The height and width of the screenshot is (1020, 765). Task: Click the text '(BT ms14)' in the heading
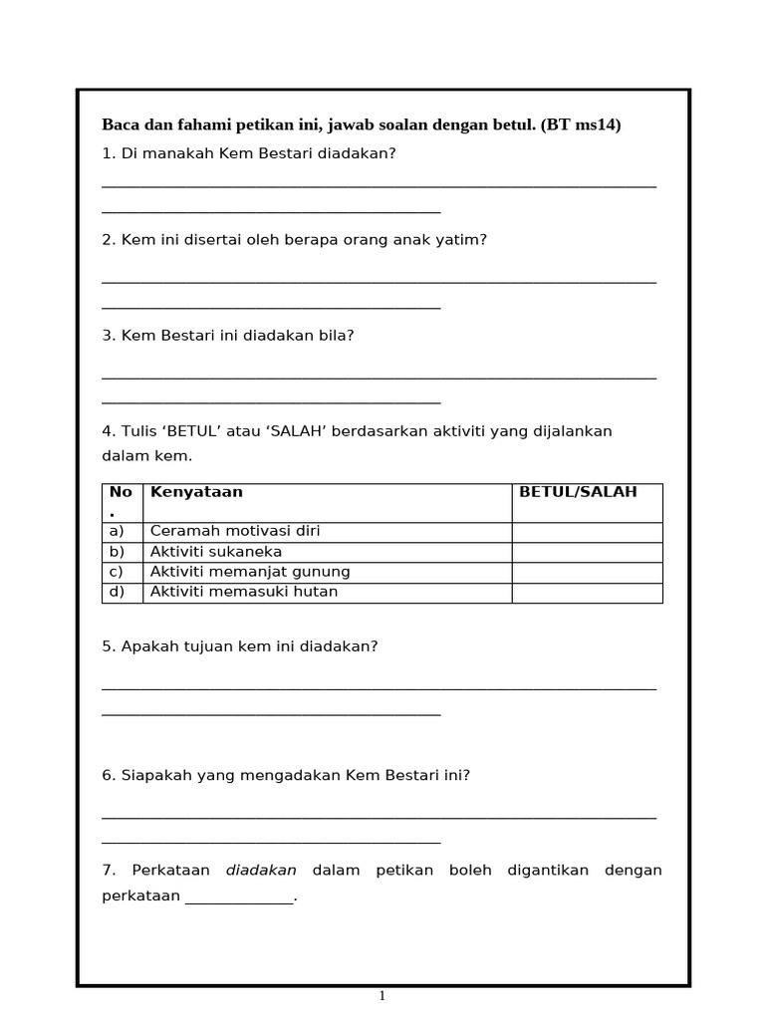581,125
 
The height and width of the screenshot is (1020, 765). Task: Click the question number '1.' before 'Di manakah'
109,153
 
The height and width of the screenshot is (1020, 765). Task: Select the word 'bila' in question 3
338,336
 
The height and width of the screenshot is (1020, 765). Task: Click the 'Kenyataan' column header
196,492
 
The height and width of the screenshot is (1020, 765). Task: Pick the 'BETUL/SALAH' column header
578,492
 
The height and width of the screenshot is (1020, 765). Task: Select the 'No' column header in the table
121,492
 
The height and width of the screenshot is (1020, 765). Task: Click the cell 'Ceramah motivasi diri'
235,532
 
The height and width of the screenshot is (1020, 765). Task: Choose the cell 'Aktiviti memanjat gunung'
249,572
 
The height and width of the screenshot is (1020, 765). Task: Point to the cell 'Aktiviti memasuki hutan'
244,592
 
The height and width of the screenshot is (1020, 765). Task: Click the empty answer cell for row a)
587,532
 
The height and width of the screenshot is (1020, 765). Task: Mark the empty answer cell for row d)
587,593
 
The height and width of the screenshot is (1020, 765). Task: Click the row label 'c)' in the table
117,572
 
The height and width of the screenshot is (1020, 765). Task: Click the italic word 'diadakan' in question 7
261,871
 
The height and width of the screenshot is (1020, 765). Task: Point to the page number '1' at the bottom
382,995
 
